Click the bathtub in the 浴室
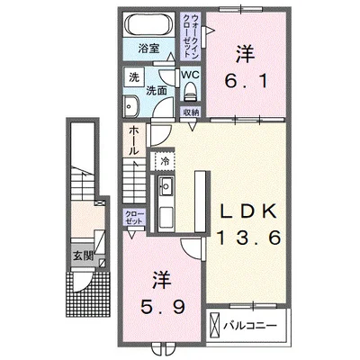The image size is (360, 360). [148, 25]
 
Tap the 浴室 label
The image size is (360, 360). [148, 49]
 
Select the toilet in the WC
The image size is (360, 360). [190, 92]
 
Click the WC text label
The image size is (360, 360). [190, 75]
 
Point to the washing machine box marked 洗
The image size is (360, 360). [134, 77]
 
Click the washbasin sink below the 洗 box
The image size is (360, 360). [130, 106]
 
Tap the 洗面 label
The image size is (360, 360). [156, 91]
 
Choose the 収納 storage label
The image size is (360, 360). [190, 112]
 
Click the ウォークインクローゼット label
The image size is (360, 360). [190, 36]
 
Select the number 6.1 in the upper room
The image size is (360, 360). [246, 82]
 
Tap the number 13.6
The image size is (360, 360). [248, 238]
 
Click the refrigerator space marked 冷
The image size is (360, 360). [165, 161]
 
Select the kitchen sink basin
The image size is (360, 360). [166, 186]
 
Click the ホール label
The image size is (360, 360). [133, 140]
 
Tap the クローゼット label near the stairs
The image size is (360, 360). [134, 218]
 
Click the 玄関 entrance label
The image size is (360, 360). [84, 256]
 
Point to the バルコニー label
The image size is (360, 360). [250, 326]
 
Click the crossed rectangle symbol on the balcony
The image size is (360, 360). [215, 326]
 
